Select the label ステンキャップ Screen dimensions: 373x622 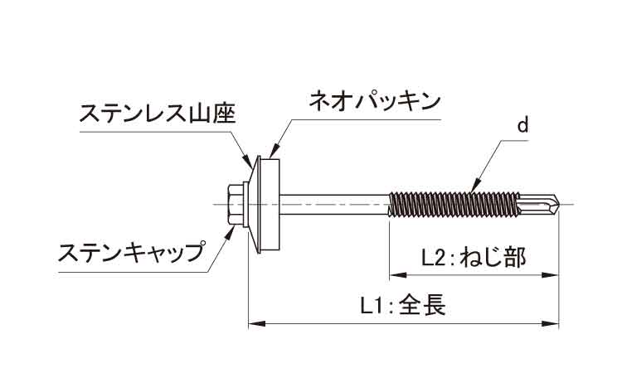point(131,252)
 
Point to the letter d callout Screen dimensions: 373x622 point(522,127)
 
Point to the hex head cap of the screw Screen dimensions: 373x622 point(237,201)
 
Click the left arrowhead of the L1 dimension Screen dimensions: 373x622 point(254,322)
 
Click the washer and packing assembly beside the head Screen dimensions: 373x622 point(270,201)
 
